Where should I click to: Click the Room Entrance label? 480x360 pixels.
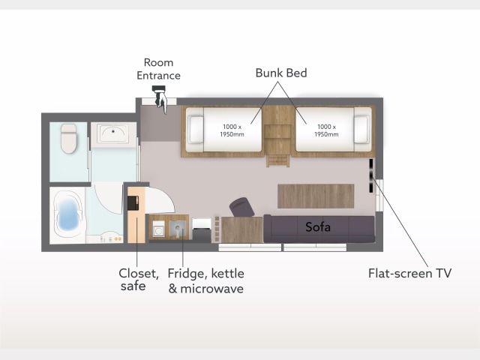pyautogui.click(x=158, y=69)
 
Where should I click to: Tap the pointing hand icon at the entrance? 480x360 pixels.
pyautogui.click(x=160, y=99)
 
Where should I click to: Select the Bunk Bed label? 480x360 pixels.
pyautogui.click(x=281, y=73)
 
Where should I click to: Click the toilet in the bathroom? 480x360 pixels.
pyautogui.click(x=68, y=138)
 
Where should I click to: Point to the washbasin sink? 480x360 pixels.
pyautogui.click(x=113, y=133)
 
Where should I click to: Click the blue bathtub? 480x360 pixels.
pyautogui.click(x=68, y=213)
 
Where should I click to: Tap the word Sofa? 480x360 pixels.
pyautogui.click(x=318, y=226)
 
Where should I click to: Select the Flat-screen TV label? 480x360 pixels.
pyautogui.click(x=409, y=273)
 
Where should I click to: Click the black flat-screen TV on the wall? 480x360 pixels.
pyautogui.click(x=371, y=175)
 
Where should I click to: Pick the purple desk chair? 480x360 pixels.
pyautogui.click(x=241, y=207)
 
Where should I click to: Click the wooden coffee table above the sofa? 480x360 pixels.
pyautogui.click(x=316, y=196)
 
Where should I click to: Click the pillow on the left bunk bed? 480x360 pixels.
pyautogui.click(x=195, y=130)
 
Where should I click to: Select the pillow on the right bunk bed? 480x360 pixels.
pyautogui.click(x=361, y=130)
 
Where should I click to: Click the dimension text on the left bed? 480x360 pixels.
pyautogui.click(x=232, y=130)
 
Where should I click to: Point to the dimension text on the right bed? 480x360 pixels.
pyautogui.click(x=326, y=130)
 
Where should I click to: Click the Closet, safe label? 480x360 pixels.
pyautogui.click(x=138, y=280)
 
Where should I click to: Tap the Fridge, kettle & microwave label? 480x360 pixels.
pyautogui.click(x=205, y=280)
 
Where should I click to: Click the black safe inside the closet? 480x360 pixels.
pyautogui.click(x=133, y=202)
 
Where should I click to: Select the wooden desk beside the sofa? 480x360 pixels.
pyautogui.click(x=241, y=229)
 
